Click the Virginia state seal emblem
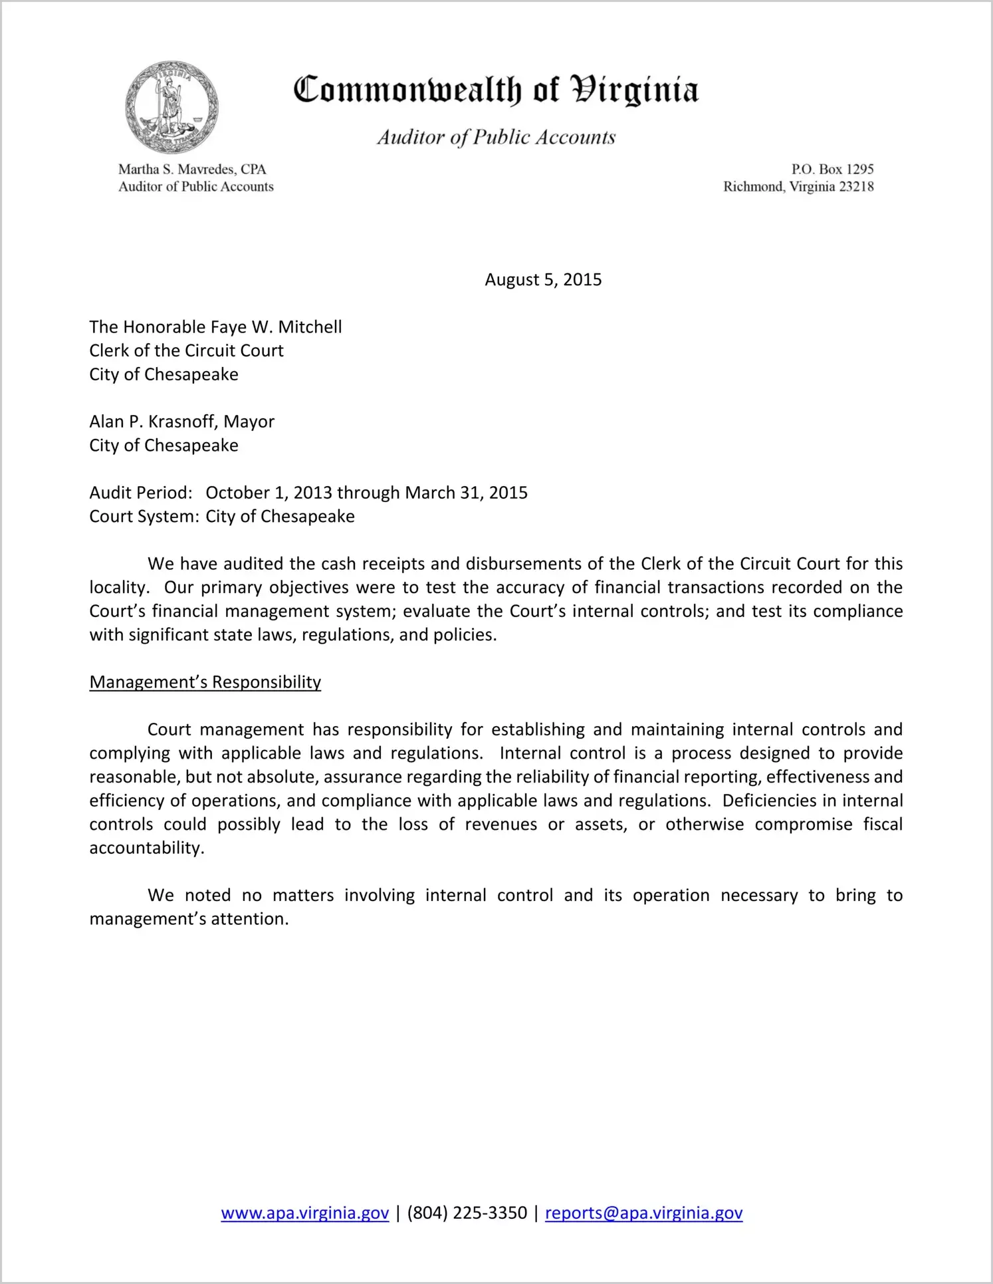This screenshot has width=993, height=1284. [172, 108]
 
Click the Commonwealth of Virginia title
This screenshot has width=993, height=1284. [496, 90]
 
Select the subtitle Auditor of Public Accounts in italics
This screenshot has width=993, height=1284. [496, 137]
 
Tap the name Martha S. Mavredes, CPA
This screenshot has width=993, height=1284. [192, 170]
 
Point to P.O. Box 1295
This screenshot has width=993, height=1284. [832, 170]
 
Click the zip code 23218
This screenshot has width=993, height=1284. [856, 187]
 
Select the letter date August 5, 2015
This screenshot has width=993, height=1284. [543, 280]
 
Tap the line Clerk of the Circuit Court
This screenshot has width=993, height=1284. [186, 350]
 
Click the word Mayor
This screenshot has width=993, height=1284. [249, 422]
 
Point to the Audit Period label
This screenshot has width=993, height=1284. [141, 493]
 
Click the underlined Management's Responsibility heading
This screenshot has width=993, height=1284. [205, 682]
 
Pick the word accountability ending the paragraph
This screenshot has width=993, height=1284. [146, 848]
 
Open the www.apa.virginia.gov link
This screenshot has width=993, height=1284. [304, 1213]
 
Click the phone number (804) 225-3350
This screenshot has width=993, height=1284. [467, 1213]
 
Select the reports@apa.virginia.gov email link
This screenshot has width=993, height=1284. [643, 1213]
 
